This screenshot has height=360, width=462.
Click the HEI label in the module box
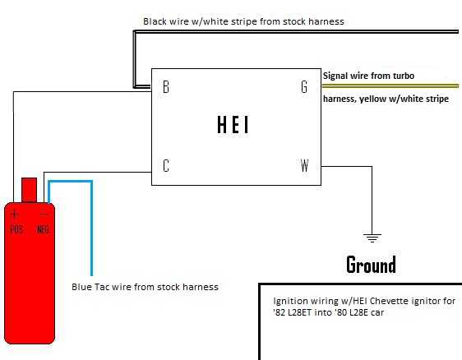point(233,124)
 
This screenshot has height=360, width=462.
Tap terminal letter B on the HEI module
point(166,86)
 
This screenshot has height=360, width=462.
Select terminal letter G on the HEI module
point(304,86)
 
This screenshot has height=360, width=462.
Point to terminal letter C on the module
point(166,165)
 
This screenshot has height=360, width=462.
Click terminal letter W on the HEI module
point(304,165)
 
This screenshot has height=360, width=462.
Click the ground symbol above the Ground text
point(372,238)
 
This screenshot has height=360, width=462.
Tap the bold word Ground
point(371,265)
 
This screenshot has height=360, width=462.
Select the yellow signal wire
point(390,86)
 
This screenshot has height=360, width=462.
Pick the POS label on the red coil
point(16,229)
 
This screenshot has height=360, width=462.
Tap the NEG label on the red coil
point(43,229)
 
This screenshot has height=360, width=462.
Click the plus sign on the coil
point(14,215)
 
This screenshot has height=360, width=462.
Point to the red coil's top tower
point(29,190)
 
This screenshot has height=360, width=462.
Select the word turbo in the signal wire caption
point(404,76)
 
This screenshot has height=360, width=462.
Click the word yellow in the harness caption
point(372,99)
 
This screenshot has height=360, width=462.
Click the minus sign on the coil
point(44,215)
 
